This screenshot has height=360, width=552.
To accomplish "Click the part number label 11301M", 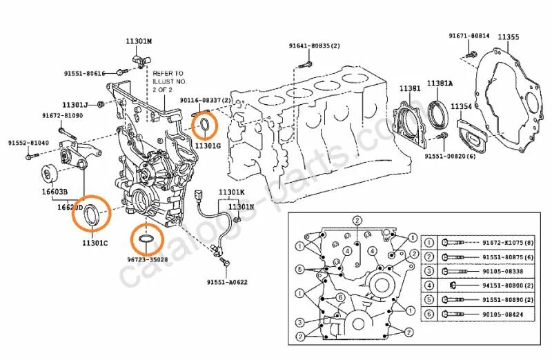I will (138, 41).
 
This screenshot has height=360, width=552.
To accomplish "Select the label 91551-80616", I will (86, 72).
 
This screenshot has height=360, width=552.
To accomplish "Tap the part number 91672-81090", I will (62, 115).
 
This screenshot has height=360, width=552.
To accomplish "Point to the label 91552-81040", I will (28, 143).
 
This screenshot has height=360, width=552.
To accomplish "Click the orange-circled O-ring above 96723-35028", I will (146, 240).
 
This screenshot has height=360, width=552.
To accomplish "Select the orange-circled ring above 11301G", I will (205, 125).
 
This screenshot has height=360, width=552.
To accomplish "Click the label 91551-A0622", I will (226, 282).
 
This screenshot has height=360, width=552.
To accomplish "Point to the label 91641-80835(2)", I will (315, 46).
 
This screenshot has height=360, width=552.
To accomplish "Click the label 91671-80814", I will (469, 35).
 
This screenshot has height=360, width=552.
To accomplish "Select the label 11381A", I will (440, 83).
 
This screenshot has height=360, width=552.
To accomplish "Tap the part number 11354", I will (462, 106).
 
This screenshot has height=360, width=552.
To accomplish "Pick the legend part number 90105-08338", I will (500, 272).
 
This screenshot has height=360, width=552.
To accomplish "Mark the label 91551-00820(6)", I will (450, 157).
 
